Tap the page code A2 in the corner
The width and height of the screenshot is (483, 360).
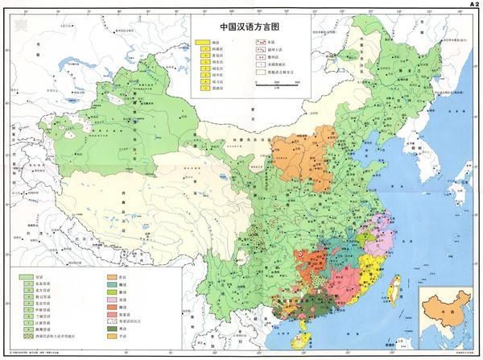tap(473, 4)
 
